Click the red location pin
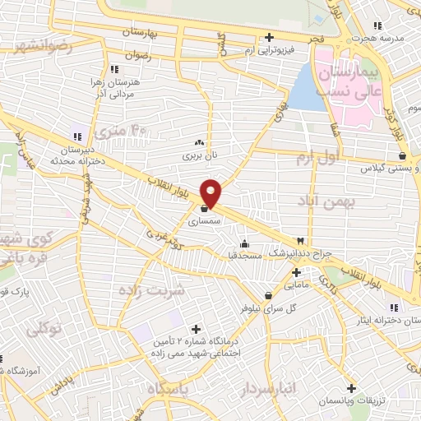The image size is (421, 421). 211,193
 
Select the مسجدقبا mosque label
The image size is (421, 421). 244,256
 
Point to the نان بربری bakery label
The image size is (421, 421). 197,154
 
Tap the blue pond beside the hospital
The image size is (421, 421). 307,90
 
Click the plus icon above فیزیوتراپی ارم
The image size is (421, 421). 270,37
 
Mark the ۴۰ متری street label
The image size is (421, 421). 119,130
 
